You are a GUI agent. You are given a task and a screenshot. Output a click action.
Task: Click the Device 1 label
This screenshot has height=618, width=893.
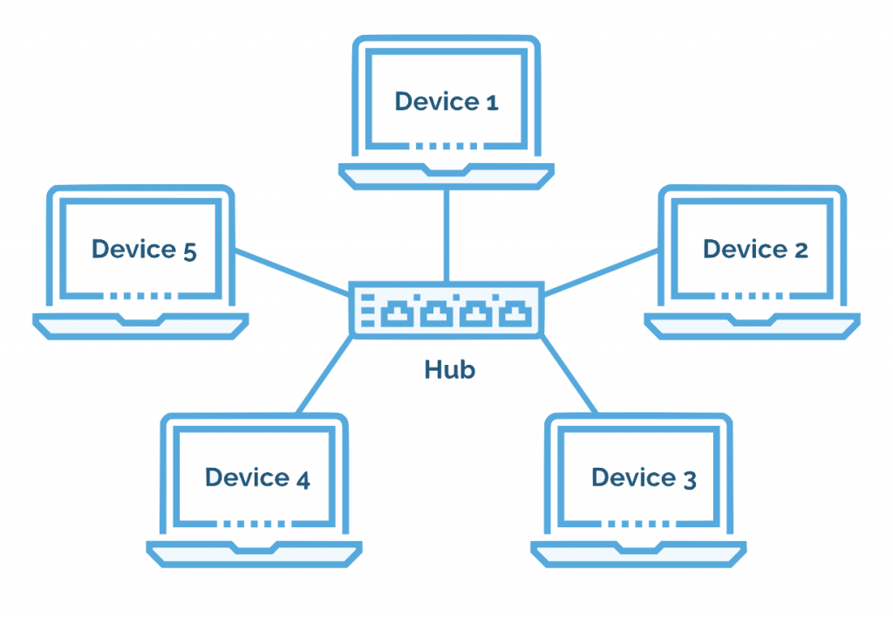(446, 101)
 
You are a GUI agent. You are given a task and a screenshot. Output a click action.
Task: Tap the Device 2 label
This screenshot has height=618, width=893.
(755, 250)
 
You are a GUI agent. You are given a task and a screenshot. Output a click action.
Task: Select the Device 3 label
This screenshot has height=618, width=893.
(644, 478)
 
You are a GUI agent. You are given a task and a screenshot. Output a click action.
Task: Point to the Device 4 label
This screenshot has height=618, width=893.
(257, 477)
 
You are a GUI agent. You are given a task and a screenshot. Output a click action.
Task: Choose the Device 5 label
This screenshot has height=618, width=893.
(144, 250)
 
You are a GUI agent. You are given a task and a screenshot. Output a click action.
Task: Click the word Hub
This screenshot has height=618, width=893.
(450, 369)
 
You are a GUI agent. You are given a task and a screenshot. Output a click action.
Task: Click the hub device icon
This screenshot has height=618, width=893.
(446, 310)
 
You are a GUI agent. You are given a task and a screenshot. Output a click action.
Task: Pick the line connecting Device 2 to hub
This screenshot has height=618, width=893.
(602, 271)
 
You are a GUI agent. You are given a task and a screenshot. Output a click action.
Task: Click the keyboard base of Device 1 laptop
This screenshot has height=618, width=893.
(446, 175)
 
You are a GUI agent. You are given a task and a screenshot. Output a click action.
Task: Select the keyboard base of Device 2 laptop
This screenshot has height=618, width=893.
(752, 325)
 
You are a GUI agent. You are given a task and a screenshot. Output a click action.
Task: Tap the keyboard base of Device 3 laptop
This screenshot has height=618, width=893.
(638, 553)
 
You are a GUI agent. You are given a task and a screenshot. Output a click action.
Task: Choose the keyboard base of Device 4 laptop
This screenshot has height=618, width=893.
(254, 553)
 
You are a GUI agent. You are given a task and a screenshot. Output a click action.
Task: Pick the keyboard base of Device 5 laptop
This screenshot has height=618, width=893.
(140, 325)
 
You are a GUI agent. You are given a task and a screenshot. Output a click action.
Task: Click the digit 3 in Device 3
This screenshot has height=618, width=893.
(689, 479)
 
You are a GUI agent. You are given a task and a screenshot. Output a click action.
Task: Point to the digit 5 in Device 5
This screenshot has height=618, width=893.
(190, 251)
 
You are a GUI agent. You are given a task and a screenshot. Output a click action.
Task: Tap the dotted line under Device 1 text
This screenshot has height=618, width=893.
(446, 145)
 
